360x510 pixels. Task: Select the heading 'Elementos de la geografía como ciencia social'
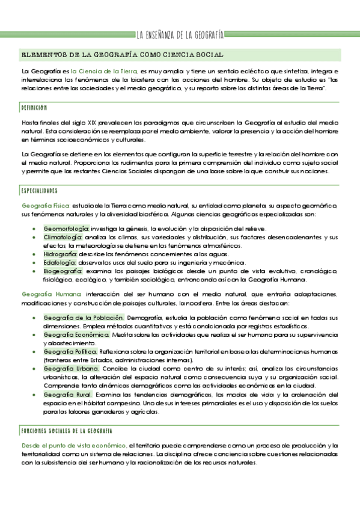point(122,54)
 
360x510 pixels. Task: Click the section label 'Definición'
point(34,107)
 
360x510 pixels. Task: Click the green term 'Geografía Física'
point(46,206)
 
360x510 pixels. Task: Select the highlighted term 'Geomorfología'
point(66,229)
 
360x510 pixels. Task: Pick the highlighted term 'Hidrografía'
point(59,254)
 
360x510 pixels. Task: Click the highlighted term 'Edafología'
point(59,262)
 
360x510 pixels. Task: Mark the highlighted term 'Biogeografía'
point(63,271)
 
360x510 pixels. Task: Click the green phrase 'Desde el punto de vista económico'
point(73,445)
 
